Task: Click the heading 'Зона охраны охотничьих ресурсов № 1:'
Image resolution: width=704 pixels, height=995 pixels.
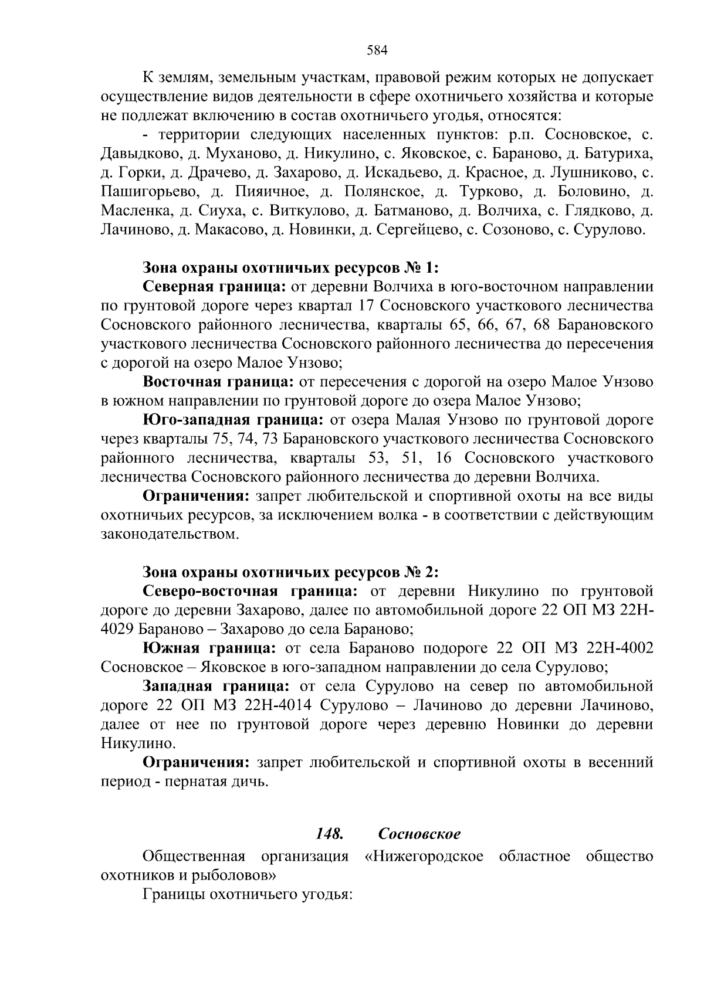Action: pyautogui.click(x=291, y=268)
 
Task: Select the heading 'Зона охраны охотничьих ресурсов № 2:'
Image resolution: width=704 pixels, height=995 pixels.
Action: pyautogui.click(x=291, y=572)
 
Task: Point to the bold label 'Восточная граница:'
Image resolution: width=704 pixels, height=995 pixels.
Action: pyautogui.click(x=218, y=382)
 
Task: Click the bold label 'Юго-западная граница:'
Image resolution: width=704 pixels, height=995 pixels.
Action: pyautogui.click(x=233, y=420)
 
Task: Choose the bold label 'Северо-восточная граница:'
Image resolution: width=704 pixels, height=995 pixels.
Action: pyautogui.click(x=251, y=591)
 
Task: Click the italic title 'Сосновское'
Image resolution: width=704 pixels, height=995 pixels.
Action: pyautogui.click(x=419, y=834)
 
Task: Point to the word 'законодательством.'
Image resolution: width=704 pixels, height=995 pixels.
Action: pyautogui.click(x=170, y=534)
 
